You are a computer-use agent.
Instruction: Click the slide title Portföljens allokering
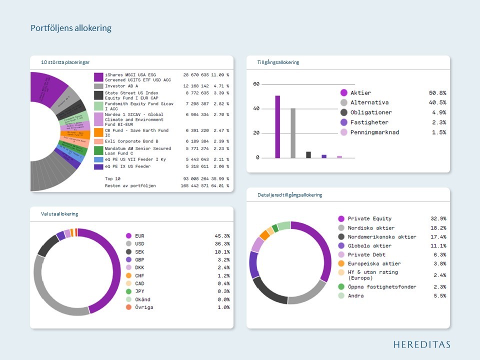(x=71, y=28)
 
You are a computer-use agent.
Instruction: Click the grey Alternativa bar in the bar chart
(x=293, y=132)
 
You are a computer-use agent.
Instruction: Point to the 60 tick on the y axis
(x=256, y=84)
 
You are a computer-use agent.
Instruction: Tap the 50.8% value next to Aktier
(x=437, y=93)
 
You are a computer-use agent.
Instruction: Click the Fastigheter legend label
(x=369, y=122)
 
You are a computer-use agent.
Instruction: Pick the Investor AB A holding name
(x=121, y=86)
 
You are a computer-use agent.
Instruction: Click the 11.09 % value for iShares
(x=220, y=75)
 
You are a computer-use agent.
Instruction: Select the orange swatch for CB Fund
(x=98, y=133)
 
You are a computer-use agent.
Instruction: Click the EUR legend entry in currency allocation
(x=139, y=236)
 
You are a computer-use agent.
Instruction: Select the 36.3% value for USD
(x=222, y=244)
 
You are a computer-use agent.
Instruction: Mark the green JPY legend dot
(x=128, y=291)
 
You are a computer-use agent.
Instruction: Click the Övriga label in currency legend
(x=144, y=307)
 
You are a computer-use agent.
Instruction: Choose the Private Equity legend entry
(x=369, y=218)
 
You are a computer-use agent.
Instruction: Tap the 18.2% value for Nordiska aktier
(x=438, y=227)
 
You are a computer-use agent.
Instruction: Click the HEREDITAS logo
(x=421, y=344)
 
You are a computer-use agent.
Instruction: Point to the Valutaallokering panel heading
(x=59, y=214)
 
